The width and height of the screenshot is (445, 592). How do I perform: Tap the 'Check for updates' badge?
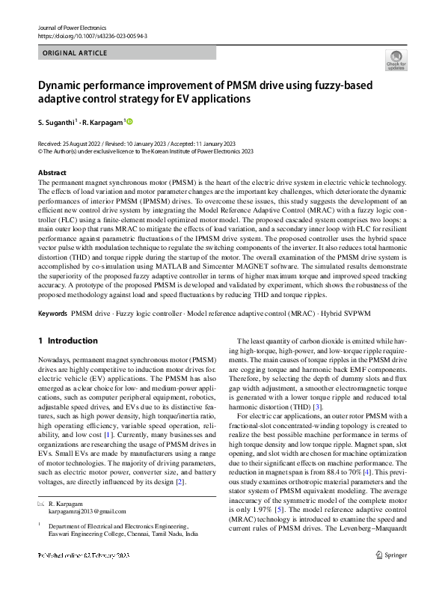pos(396,61)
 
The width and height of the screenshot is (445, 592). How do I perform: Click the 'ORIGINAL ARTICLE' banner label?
pos(76,53)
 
